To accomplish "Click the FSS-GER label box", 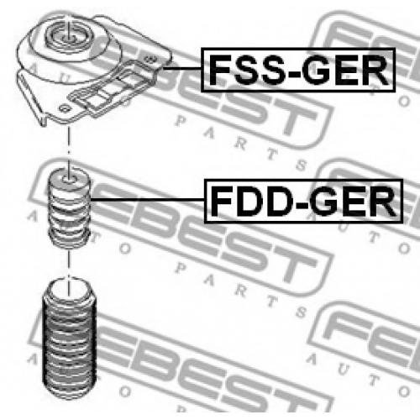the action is (x=298, y=70).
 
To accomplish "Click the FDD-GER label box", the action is (x=303, y=201).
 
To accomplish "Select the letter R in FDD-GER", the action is (x=381, y=202).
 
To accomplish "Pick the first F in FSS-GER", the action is (x=219, y=70).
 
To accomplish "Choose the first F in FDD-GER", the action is (x=221, y=202).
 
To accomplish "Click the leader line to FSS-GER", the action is (x=182, y=68).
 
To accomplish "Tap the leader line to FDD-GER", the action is (x=148, y=199).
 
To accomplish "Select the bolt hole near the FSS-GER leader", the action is (x=150, y=59).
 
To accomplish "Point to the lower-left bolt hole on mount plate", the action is (x=65, y=108).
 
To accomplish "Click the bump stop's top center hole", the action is (x=69, y=179).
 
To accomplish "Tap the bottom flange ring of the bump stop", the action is (x=70, y=238).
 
